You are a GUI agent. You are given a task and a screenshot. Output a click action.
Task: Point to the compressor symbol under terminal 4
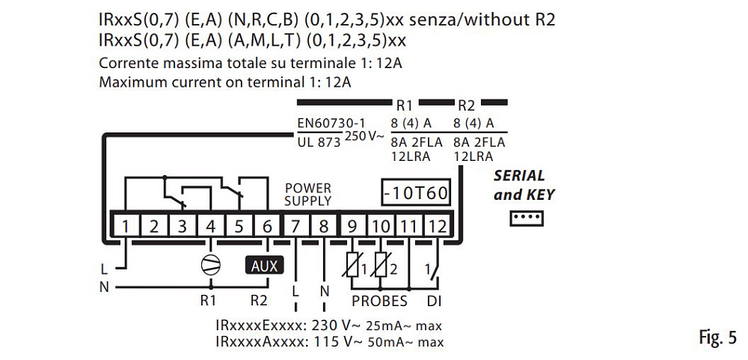click(x=211, y=264)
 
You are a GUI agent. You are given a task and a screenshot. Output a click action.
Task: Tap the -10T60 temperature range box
click(x=415, y=193)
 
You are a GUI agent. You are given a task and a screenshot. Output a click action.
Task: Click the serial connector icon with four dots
click(x=526, y=218)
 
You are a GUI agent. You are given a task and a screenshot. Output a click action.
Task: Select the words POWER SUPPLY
click(x=307, y=194)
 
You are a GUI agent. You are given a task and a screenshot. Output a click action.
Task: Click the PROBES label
click(x=380, y=301)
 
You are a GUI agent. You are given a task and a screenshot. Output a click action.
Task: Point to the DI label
click(x=434, y=301)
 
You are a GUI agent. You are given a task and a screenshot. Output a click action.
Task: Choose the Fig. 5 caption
click(x=717, y=338)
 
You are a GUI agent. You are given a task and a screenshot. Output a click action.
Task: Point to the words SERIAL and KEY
click(x=524, y=186)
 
